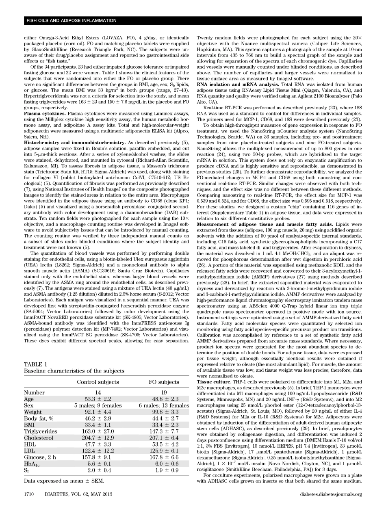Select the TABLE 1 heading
click(x=36, y=364)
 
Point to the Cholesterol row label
click(x=38, y=438)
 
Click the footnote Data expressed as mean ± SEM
click(x=63, y=481)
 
